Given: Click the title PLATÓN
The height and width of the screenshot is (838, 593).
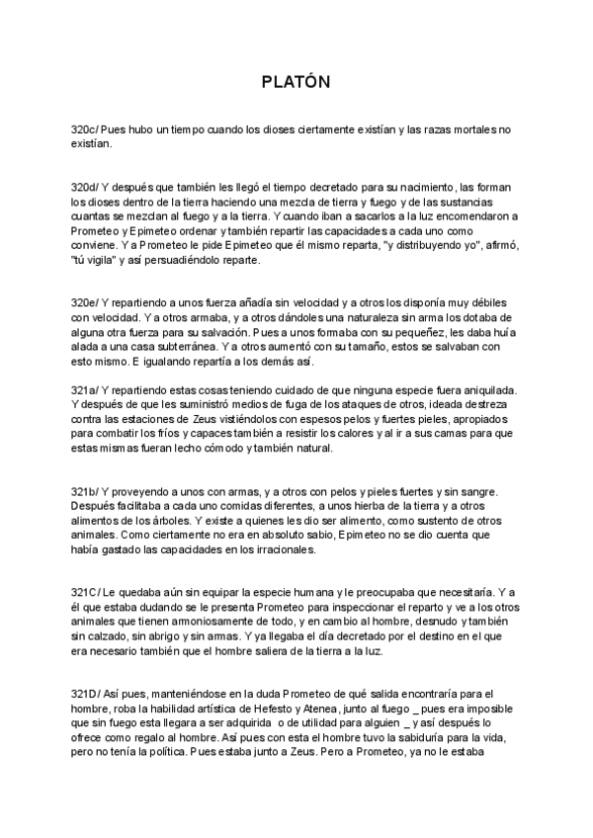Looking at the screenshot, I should (x=296, y=81).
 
